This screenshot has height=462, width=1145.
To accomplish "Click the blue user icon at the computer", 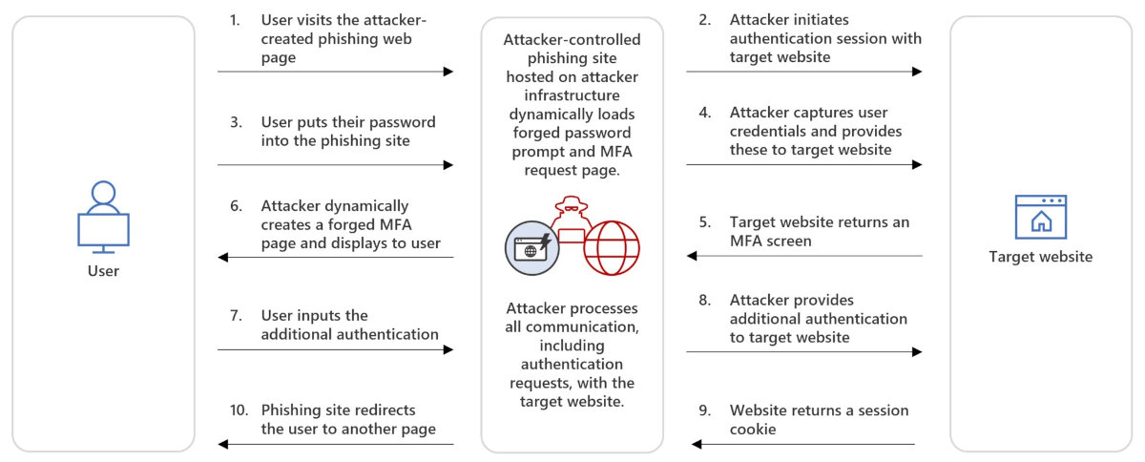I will (x=103, y=217).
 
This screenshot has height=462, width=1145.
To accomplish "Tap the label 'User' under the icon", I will (x=103, y=271).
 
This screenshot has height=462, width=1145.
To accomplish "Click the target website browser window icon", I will (x=1040, y=217).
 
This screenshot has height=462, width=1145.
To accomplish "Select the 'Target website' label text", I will (x=1040, y=257).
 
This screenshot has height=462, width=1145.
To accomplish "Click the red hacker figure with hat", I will (x=572, y=221).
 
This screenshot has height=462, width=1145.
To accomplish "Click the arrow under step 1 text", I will (x=335, y=72).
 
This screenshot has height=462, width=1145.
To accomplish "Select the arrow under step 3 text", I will (x=335, y=165).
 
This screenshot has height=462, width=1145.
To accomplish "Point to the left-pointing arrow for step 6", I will (x=335, y=257).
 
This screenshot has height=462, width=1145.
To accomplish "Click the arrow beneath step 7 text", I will (x=335, y=350).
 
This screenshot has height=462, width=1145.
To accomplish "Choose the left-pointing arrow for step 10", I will (x=335, y=444).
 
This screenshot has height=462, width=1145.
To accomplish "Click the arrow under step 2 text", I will (x=803, y=72).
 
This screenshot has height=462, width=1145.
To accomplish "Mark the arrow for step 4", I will (x=803, y=165).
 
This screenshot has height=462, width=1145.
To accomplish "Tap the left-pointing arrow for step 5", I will (x=803, y=256).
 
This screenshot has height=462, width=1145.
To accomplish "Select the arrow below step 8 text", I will (x=803, y=352).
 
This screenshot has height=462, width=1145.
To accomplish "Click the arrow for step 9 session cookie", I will (x=803, y=444).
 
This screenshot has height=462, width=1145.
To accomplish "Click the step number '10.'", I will (x=239, y=410).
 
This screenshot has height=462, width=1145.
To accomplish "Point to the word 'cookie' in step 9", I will (x=752, y=429).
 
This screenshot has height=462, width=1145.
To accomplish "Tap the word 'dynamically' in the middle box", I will (x=572, y=114).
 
